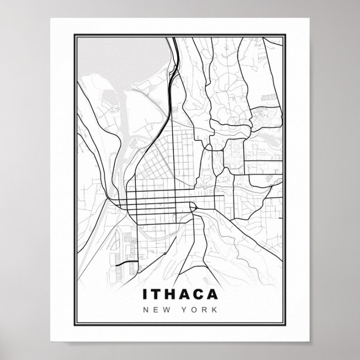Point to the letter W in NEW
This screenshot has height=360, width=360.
point(168,310)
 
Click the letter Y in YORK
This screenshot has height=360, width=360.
point(183,310)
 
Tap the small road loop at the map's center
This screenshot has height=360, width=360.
point(194,208)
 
